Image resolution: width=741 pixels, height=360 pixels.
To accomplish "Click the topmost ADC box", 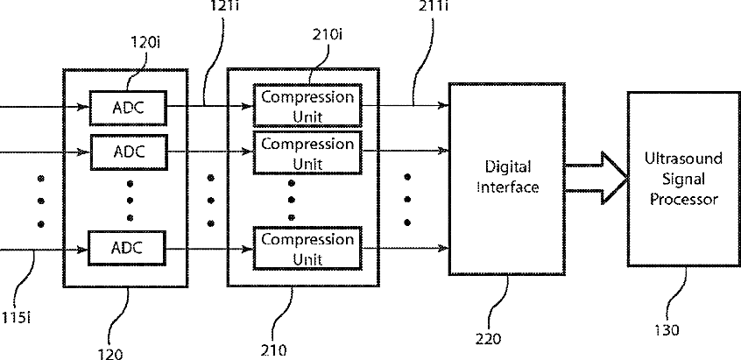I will tap(129, 108).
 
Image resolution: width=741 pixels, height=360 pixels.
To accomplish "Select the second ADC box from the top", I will tap(129, 152).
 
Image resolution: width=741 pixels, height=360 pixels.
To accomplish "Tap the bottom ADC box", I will tap(129, 248).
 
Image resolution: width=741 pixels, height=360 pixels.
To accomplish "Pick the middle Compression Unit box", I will tap(307, 152).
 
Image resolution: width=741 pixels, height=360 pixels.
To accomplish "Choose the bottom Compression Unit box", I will tap(307, 248).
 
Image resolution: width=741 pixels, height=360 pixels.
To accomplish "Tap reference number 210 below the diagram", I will tap(273, 350).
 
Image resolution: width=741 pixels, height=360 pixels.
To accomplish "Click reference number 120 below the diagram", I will tap(110, 354).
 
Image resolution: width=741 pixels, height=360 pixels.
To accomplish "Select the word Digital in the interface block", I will tap(508, 166).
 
